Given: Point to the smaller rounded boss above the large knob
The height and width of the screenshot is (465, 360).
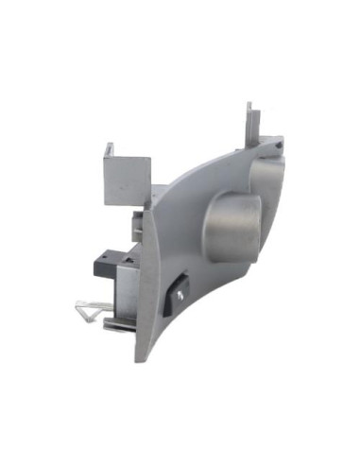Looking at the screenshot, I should (x=267, y=178).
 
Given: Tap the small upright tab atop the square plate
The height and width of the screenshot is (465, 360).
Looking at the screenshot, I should (x=110, y=149).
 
